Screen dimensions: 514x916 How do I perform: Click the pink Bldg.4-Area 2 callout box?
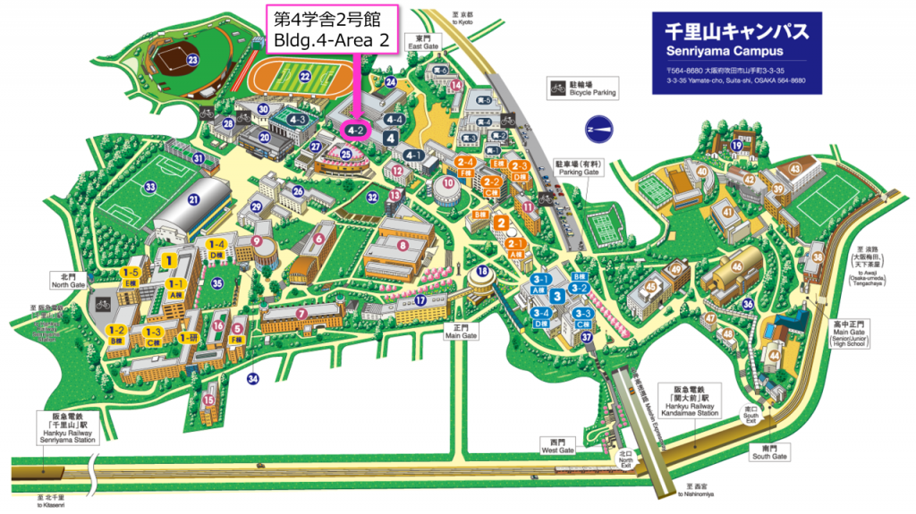[x=331, y=30]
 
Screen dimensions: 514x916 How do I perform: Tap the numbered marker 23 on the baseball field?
[x=192, y=61]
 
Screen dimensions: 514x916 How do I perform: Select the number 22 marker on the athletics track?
[x=305, y=77]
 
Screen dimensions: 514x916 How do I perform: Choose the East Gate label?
[x=422, y=43]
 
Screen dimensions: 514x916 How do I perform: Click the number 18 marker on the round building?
[x=483, y=272]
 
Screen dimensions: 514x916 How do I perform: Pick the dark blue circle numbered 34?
[x=253, y=379]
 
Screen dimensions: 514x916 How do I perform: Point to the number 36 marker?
[x=748, y=304]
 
